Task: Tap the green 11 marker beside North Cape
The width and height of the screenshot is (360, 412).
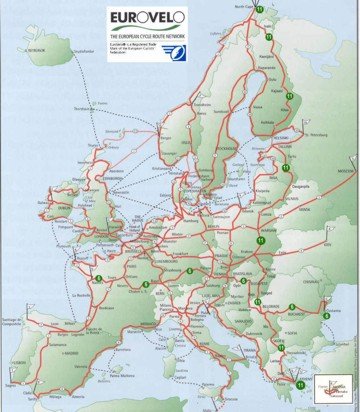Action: [259, 9]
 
